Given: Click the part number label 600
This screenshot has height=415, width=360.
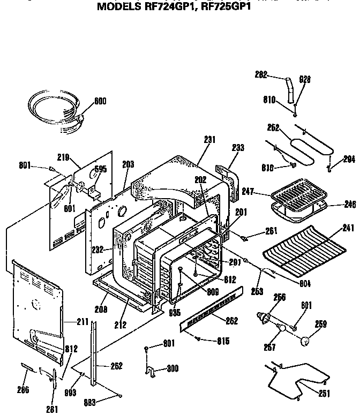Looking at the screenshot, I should tap(100, 100).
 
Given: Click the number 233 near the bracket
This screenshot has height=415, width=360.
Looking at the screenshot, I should tap(238, 147).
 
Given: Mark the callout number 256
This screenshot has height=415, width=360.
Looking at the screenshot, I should tap(279, 297).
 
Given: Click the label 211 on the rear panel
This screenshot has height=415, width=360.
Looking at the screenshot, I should tap(82, 322).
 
